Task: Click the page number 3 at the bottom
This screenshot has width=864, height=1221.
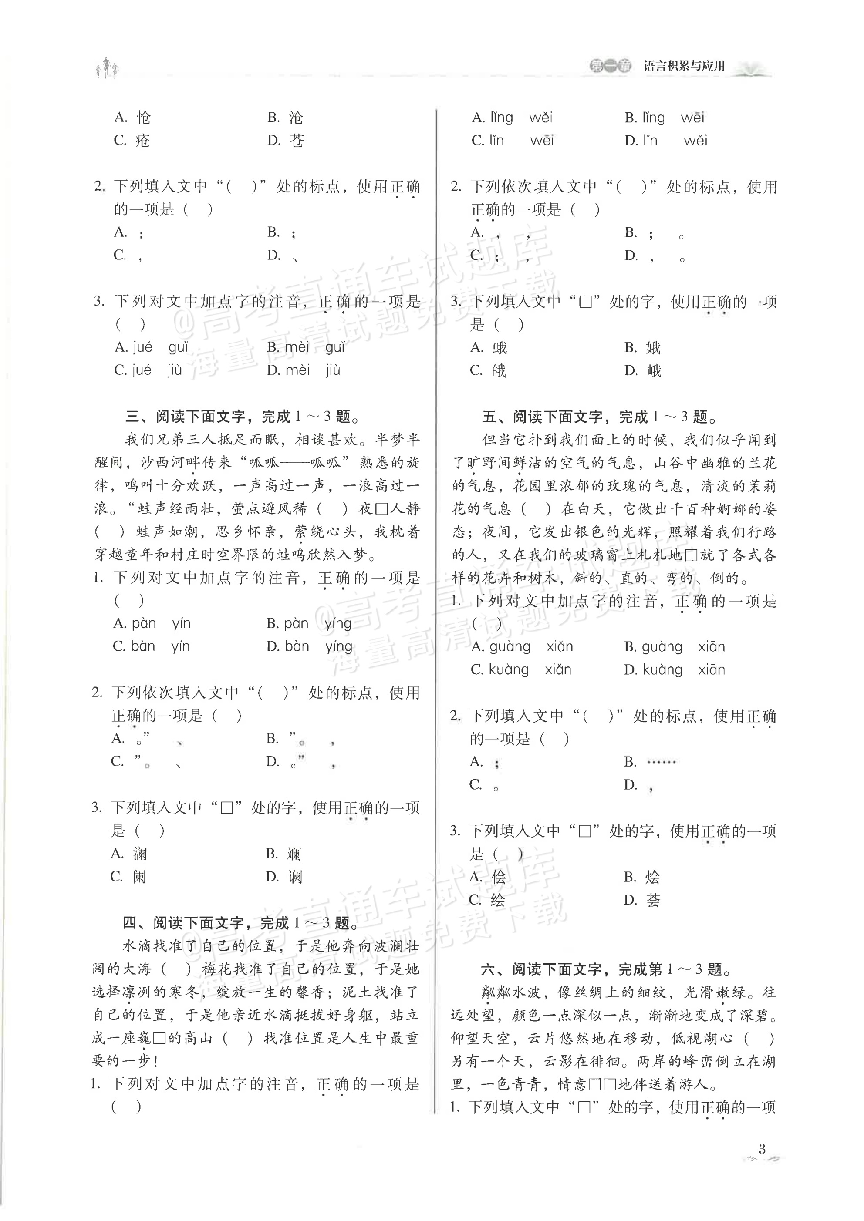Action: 762,1148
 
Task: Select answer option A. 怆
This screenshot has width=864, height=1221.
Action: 132,117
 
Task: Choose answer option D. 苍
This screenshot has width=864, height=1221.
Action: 286,141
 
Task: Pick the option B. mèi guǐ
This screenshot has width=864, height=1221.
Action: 306,347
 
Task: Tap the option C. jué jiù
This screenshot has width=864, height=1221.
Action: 148,370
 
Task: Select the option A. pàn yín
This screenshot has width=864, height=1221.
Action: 152,623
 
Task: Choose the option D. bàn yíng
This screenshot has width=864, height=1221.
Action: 309,646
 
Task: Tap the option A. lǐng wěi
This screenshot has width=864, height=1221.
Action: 512,118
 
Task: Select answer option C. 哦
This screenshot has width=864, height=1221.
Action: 488,371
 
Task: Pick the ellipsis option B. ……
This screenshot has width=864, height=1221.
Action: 650,761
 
